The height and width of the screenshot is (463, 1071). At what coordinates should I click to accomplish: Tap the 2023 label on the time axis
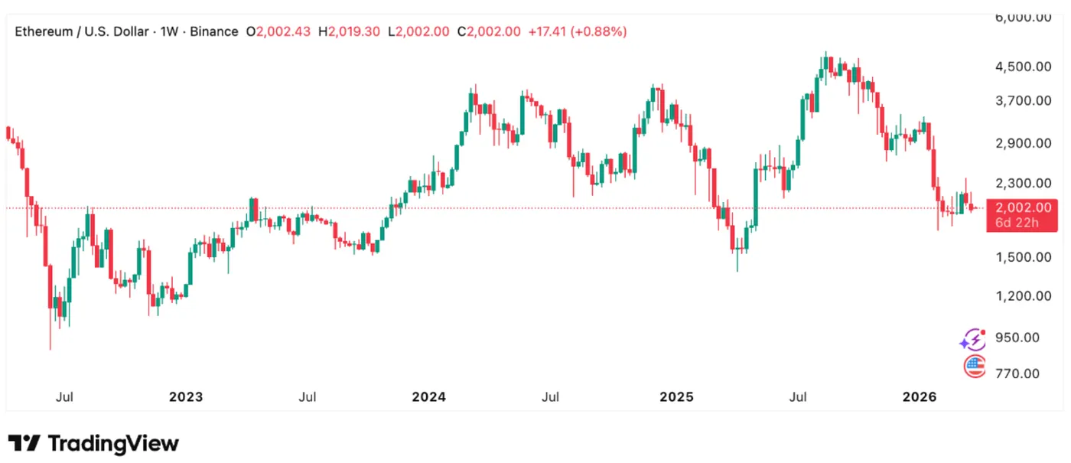(186, 397)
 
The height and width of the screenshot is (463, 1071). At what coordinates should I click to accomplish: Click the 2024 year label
(428, 397)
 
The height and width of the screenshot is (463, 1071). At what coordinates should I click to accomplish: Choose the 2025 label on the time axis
(676, 397)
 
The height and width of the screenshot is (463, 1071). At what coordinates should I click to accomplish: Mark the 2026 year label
(920, 397)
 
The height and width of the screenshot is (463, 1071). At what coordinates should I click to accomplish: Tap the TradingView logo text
(113, 443)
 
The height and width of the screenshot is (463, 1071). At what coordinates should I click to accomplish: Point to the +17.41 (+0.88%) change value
(578, 32)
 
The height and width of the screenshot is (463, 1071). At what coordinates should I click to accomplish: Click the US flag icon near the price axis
(974, 367)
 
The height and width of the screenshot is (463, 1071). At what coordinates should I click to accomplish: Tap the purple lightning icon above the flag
(973, 338)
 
